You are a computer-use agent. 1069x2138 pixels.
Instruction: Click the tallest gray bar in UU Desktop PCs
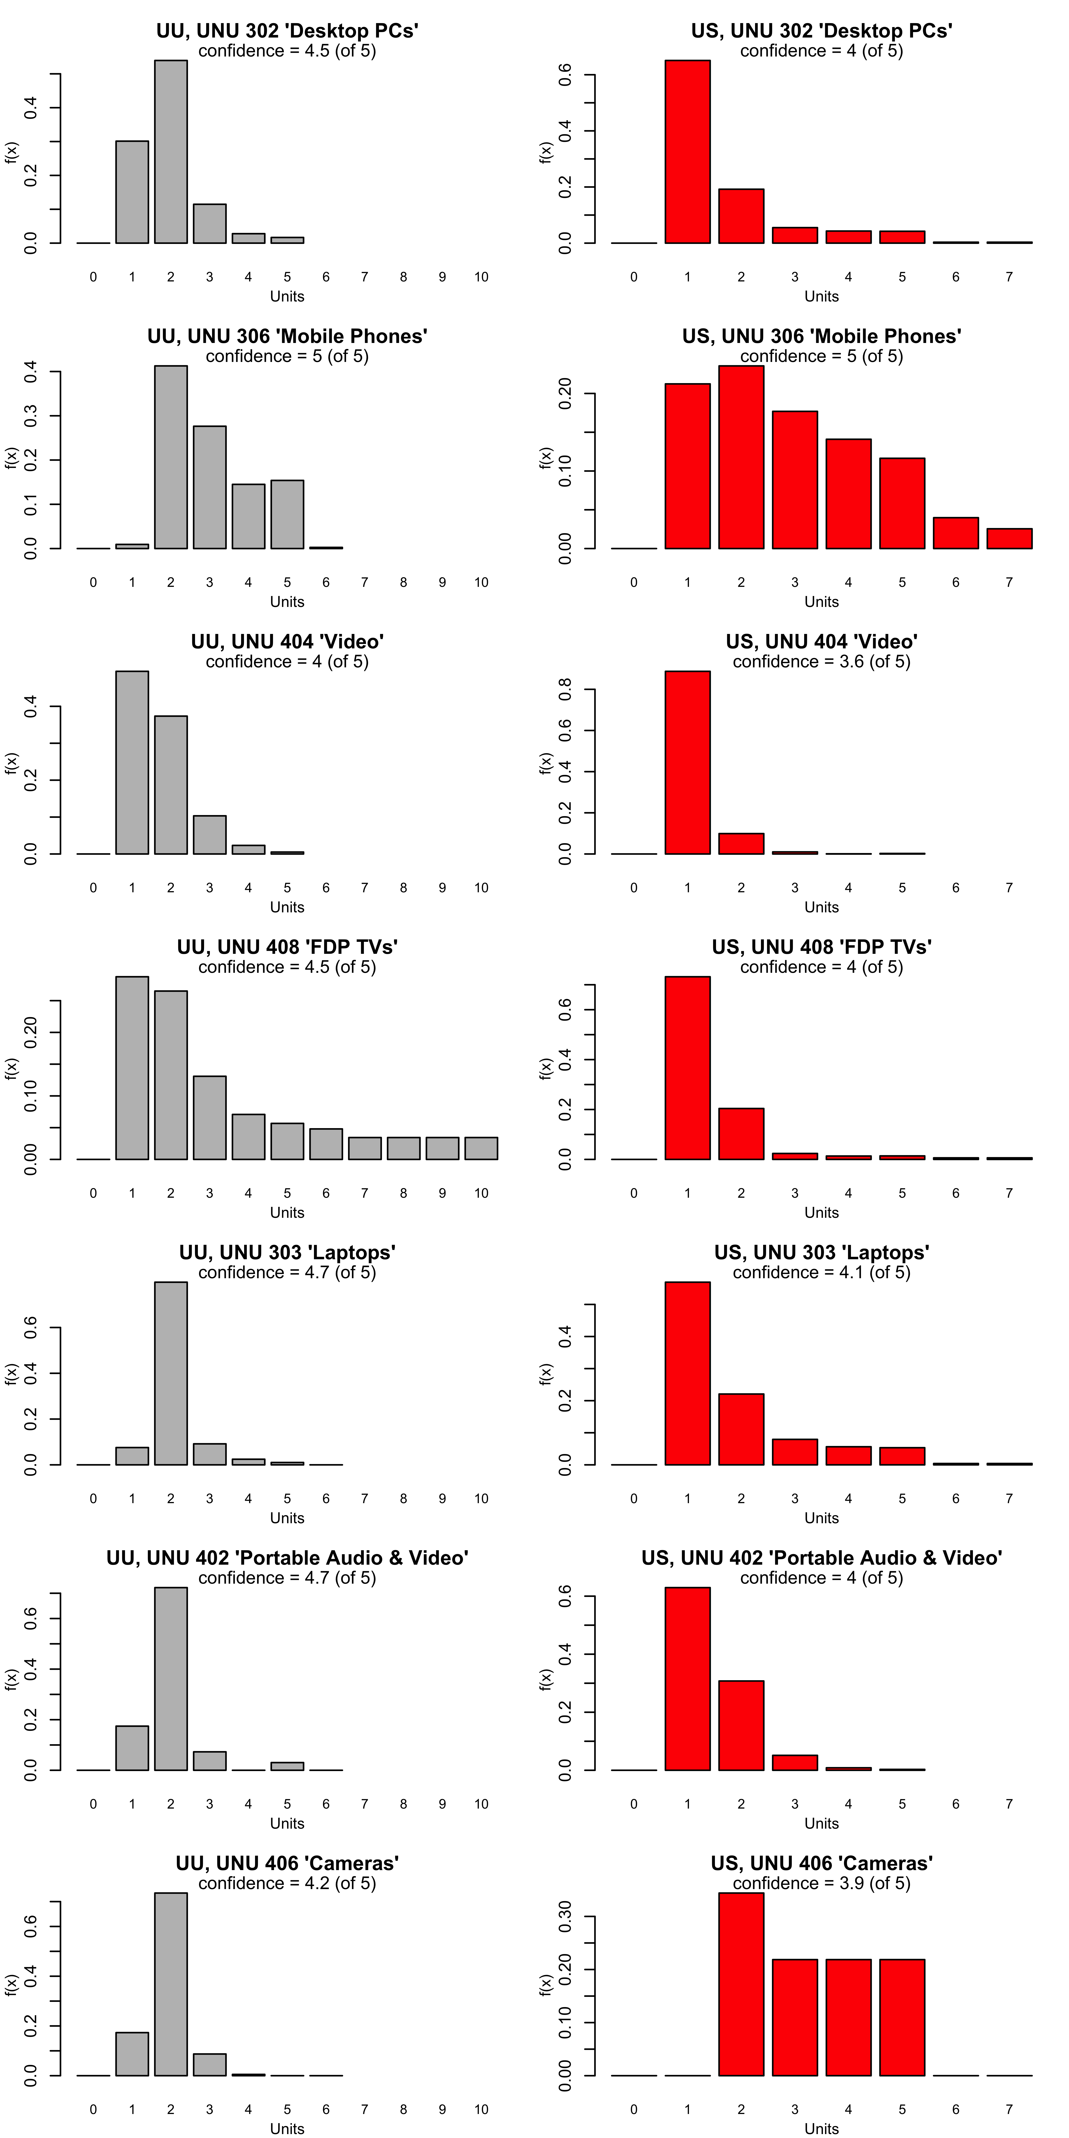171,152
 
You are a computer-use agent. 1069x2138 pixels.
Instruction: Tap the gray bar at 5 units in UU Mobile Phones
287,515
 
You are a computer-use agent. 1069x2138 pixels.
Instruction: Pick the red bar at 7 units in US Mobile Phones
1009,539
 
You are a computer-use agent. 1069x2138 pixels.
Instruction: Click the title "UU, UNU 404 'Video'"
287,642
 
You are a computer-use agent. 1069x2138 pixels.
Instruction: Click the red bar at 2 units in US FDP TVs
741,1134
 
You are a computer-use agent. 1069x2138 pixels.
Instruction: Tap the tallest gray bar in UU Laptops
171,1374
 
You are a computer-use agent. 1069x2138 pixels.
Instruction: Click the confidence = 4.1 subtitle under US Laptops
822,1272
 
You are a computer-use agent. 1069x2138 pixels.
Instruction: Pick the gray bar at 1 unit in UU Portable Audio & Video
132,1748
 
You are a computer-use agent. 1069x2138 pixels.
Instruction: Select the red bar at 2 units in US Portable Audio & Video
741,1725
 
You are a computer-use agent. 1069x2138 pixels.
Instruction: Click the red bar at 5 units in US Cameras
902,2018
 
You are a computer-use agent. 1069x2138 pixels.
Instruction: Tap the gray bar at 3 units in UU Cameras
209,2065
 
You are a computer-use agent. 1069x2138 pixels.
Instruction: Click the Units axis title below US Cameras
822,2129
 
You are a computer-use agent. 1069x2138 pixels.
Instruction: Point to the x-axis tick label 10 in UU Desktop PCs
481,277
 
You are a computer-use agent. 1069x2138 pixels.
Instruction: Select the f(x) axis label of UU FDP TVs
12,1068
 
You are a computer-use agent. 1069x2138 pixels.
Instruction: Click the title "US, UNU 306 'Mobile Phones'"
822,336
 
